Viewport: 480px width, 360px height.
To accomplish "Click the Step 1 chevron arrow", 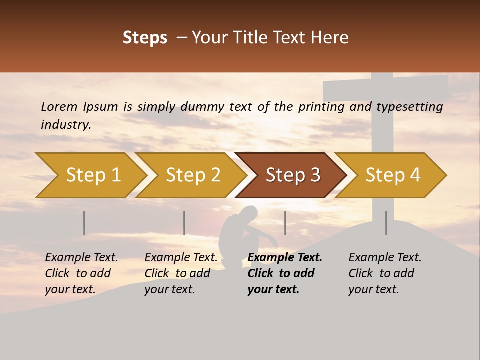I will click(x=93, y=175).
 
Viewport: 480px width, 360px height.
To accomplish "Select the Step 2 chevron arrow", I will click(x=193, y=175).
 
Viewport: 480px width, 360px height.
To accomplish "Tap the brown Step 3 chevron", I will click(x=292, y=175).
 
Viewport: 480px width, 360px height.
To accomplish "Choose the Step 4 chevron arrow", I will click(x=392, y=175).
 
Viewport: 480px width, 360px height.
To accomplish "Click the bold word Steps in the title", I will click(x=145, y=38).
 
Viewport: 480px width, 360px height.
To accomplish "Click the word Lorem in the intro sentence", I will click(x=59, y=106).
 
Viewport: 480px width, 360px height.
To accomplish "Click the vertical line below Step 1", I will click(x=84, y=223).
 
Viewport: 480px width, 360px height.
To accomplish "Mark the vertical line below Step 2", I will click(x=184, y=223).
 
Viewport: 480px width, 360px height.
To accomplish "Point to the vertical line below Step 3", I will click(x=285, y=223).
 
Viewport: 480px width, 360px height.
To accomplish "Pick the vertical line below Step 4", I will click(x=386, y=223).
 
